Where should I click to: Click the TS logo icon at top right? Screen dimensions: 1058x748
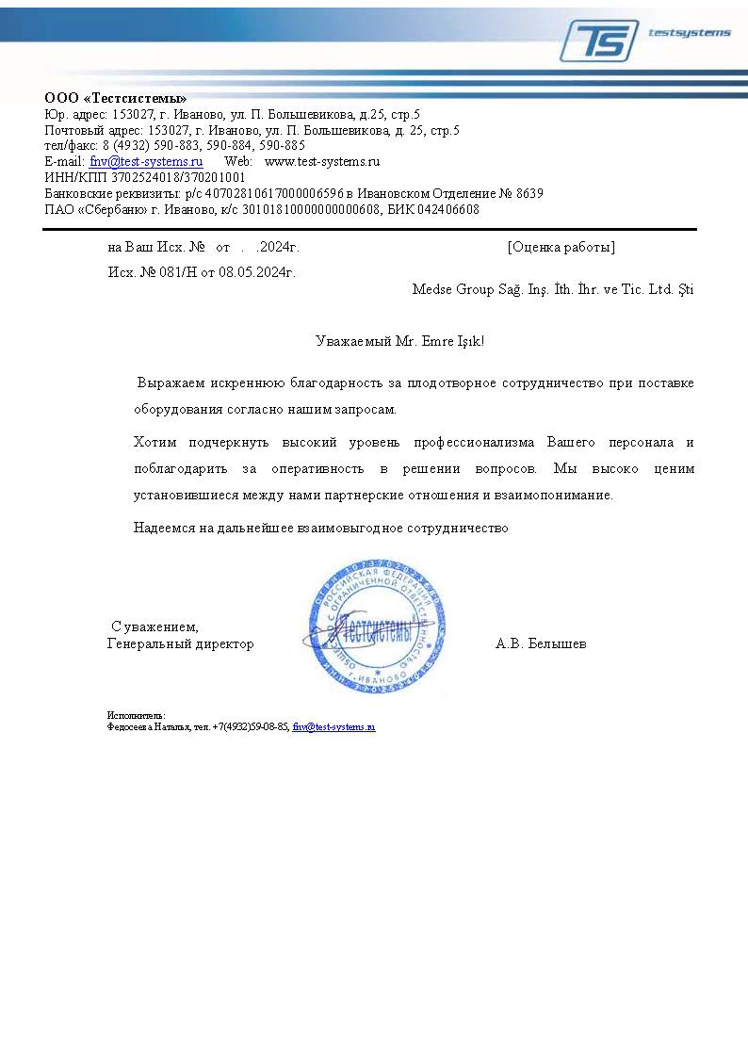(x=598, y=41)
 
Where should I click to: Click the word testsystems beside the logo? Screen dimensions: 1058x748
(x=689, y=33)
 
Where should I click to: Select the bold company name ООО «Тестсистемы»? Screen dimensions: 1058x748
(x=116, y=99)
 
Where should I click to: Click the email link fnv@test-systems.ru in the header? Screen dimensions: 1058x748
(x=146, y=161)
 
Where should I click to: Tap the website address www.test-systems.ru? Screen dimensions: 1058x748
(x=321, y=161)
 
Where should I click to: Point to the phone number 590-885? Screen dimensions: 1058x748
(x=282, y=145)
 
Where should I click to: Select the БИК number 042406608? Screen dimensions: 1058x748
(x=448, y=209)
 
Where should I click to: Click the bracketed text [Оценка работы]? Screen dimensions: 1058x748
(x=561, y=248)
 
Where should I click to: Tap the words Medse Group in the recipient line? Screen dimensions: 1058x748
(x=446, y=289)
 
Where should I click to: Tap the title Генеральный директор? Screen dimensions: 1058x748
(x=181, y=643)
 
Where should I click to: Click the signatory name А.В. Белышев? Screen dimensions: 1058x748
(x=541, y=643)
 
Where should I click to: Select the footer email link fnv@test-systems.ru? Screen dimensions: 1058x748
(x=333, y=727)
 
